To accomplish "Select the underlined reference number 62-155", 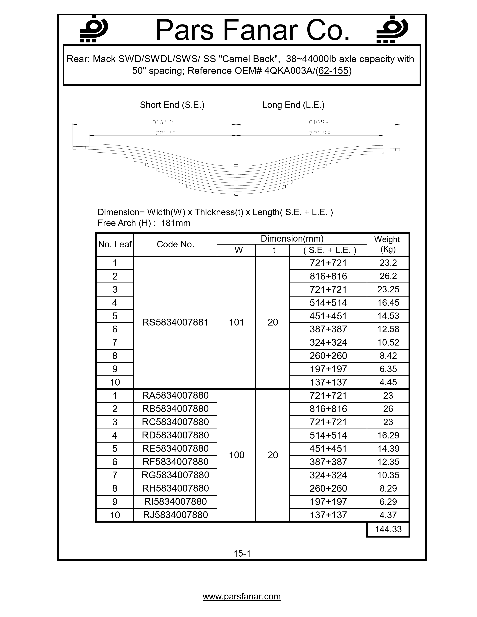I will coord(333,71).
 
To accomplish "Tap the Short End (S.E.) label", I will coord(172,105).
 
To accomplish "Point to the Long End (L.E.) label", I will coord(293,105).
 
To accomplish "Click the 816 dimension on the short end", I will coord(158,122).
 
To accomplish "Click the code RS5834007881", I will coord(175,322).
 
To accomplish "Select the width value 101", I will coord(236,322).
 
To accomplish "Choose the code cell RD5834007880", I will coord(175,435).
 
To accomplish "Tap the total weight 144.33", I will coord(388,529).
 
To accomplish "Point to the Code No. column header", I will coord(175,244).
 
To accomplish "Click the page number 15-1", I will coord(242,553).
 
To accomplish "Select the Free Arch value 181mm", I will coord(175,223).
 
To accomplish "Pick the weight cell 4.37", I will coord(388,515).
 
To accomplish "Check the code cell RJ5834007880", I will coord(175,515).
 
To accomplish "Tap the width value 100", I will coord(236,455).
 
